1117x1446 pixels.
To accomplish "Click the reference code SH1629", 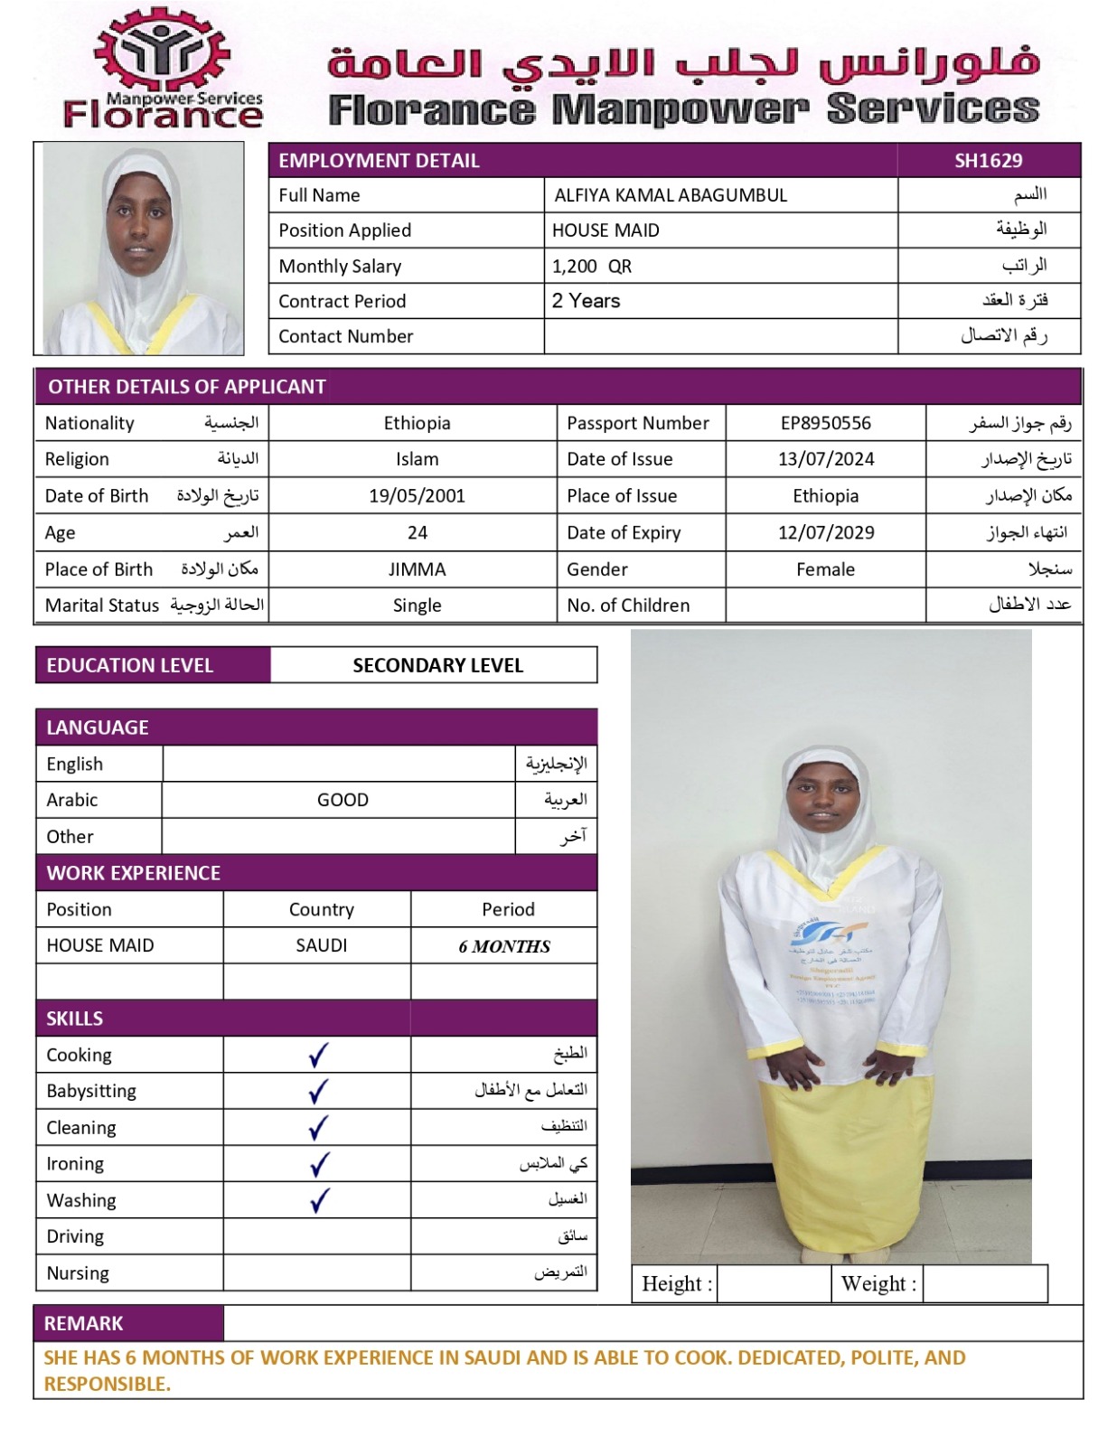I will (x=988, y=161).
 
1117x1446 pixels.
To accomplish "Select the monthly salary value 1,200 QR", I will (x=592, y=267).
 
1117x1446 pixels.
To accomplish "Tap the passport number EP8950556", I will (x=825, y=423).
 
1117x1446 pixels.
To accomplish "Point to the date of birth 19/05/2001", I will (x=417, y=495).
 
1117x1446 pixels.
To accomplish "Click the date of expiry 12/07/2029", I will (x=825, y=532).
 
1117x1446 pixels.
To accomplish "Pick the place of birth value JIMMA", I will (x=417, y=569).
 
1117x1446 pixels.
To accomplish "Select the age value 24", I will (x=417, y=532).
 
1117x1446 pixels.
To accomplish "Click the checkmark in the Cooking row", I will (x=318, y=1055).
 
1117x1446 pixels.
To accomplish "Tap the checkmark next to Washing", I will (x=318, y=1200).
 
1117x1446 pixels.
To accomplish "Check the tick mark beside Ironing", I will (x=318, y=1164).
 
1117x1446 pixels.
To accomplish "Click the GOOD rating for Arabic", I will (x=343, y=800).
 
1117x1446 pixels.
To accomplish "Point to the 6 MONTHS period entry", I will (x=504, y=946).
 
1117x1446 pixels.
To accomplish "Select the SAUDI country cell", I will (x=321, y=945).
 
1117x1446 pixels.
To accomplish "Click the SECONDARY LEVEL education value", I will (x=437, y=665).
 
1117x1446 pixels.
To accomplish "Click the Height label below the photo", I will (x=676, y=1283).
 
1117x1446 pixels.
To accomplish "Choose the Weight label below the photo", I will (x=878, y=1283).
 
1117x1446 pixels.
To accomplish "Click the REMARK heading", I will (x=83, y=1323).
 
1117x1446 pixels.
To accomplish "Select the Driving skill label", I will (x=75, y=1236).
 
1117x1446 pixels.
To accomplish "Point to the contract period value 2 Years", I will (x=586, y=301).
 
